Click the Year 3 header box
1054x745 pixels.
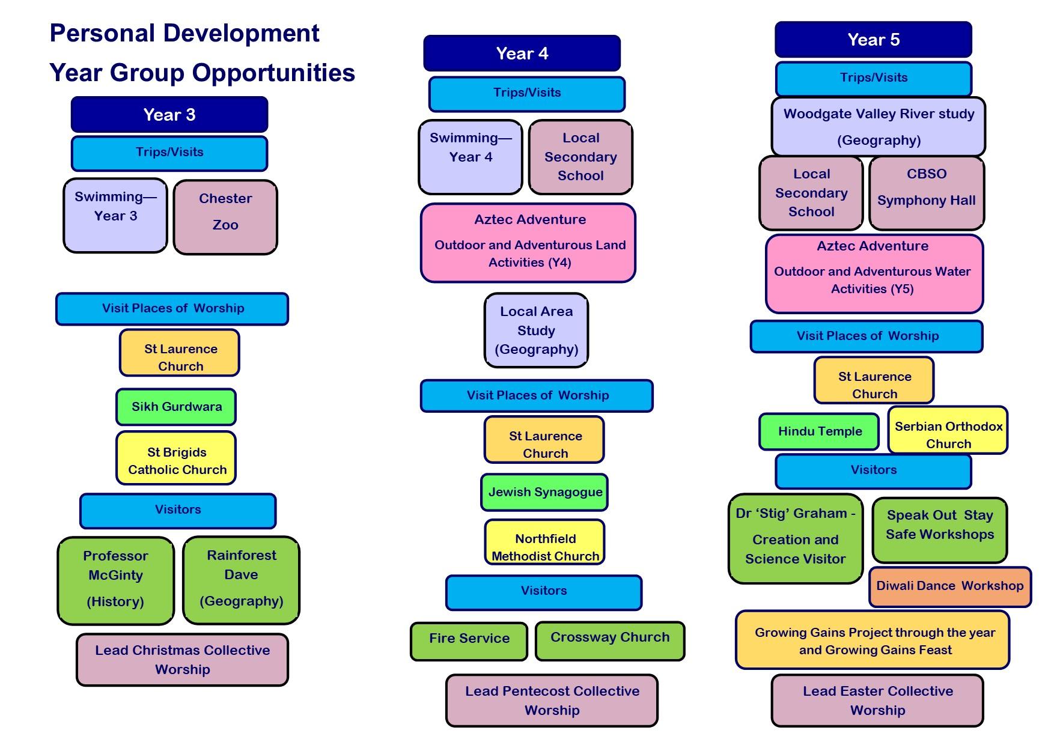[169, 114]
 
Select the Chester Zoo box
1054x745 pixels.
[225, 217]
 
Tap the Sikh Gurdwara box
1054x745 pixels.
[176, 407]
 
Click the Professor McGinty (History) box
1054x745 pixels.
[115, 580]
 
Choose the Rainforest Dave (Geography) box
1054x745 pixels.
[241, 580]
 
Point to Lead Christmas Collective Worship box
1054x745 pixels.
[182, 660]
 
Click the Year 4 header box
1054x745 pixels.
[522, 53]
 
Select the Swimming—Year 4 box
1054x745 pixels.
[470, 157]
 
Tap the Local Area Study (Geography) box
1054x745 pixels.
[536, 330]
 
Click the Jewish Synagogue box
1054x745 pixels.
[544, 492]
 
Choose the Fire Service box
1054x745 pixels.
[469, 641]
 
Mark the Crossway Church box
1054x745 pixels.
[609, 641]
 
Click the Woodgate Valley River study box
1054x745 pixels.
[878, 126]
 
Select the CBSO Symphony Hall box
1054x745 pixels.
[926, 193]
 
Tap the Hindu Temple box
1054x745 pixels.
[819, 431]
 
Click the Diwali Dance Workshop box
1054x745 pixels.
[949, 586]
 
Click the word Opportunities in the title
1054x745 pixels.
[273, 73]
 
